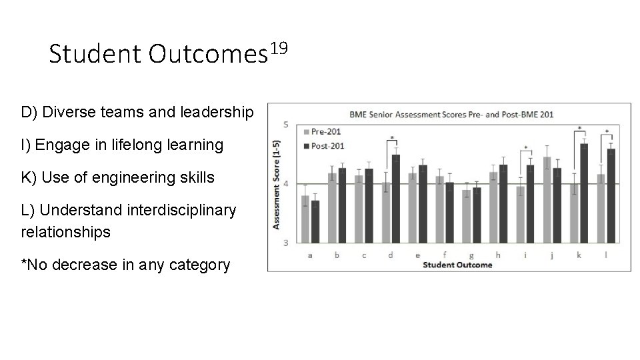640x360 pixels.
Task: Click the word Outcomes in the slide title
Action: click(204, 55)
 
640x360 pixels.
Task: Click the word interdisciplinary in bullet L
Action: click(160, 210)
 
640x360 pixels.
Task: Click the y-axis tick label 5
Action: click(286, 125)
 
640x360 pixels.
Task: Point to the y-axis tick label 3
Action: click(286, 243)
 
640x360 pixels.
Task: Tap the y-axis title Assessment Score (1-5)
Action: click(277, 184)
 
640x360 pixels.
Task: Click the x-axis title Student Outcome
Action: click(457, 264)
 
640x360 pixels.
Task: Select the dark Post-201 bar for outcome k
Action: click(584, 193)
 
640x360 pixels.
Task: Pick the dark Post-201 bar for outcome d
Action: click(396, 199)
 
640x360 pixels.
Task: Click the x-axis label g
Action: click(471, 254)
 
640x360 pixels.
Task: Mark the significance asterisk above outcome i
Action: click(526, 148)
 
